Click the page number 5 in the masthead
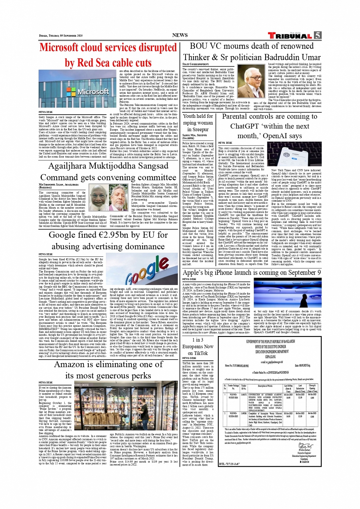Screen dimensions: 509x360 [317, 35]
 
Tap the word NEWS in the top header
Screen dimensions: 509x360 [180, 35]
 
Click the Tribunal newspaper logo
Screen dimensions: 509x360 [290, 36]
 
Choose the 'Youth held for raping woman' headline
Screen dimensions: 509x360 [198, 123]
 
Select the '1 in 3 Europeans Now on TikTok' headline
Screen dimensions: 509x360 [198, 346]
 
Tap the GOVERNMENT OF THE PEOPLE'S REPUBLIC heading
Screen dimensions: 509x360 [270, 342]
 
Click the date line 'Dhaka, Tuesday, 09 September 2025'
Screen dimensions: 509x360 [61, 36]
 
